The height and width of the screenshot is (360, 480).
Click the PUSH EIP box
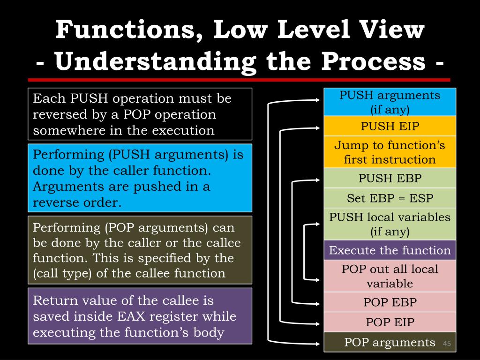pyautogui.click(x=390, y=126)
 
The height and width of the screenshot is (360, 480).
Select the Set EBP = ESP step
pyautogui.click(x=390, y=198)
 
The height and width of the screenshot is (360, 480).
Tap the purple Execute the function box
pyautogui.click(x=390, y=250)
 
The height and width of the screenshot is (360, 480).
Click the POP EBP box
pyautogui.click(x=390, y=302)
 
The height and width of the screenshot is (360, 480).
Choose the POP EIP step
pyautogui.click(x=390, y=322)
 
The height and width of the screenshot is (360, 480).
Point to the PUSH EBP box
pyautogui.click(x=390, y=178)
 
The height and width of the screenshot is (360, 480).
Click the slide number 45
pyautogui.click(x=446, y=345)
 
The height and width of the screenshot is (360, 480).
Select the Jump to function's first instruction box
pyautogui.click(x=390, y=152)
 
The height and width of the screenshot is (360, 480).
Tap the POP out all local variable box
pyautogui.click(x=390, y=276)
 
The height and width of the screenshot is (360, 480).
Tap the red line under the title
pyautogui.click(x=239, y=80)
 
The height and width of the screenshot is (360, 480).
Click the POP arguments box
pyautogui.click(x=390, y=342)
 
